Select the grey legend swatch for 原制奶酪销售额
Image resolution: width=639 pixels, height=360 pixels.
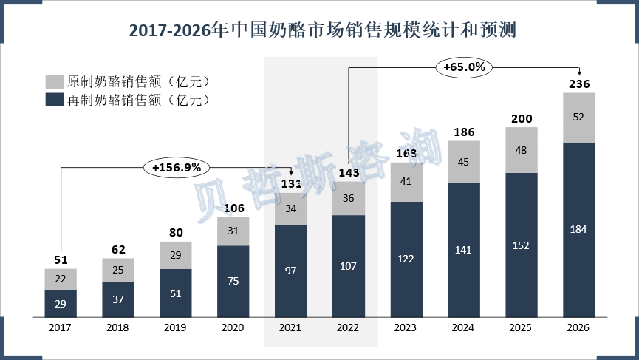(x=54, y=81)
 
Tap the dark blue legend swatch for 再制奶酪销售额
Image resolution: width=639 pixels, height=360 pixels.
(x=54, y=100)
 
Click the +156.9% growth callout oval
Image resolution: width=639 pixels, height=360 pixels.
(x=177, y=168)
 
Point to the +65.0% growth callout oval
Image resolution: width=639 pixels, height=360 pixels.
(x=464, y=67)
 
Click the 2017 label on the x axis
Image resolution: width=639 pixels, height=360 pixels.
(x=61, y=327)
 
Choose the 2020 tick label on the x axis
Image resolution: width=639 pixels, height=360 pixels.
(x=233, y=327)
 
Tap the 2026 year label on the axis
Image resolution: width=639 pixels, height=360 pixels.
(x=579, y=327)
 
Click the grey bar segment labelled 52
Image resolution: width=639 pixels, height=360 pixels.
(x=579, y=117)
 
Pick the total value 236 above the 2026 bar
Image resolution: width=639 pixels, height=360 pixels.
(x=579, y=84)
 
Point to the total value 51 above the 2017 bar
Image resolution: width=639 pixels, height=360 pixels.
(x=61, y=259)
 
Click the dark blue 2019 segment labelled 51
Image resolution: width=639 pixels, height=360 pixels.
(x=176, y=292)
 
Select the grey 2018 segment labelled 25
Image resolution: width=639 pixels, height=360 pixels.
(x=118, y=270)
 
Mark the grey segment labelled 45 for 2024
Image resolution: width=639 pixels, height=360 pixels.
(x=464, y=162)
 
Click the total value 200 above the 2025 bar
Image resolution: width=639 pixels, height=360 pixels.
(x=522, y=119)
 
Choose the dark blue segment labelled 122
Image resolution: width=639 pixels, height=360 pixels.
(x=406, y=258)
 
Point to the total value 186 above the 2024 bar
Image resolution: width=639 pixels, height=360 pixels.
(x=464, y=132)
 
